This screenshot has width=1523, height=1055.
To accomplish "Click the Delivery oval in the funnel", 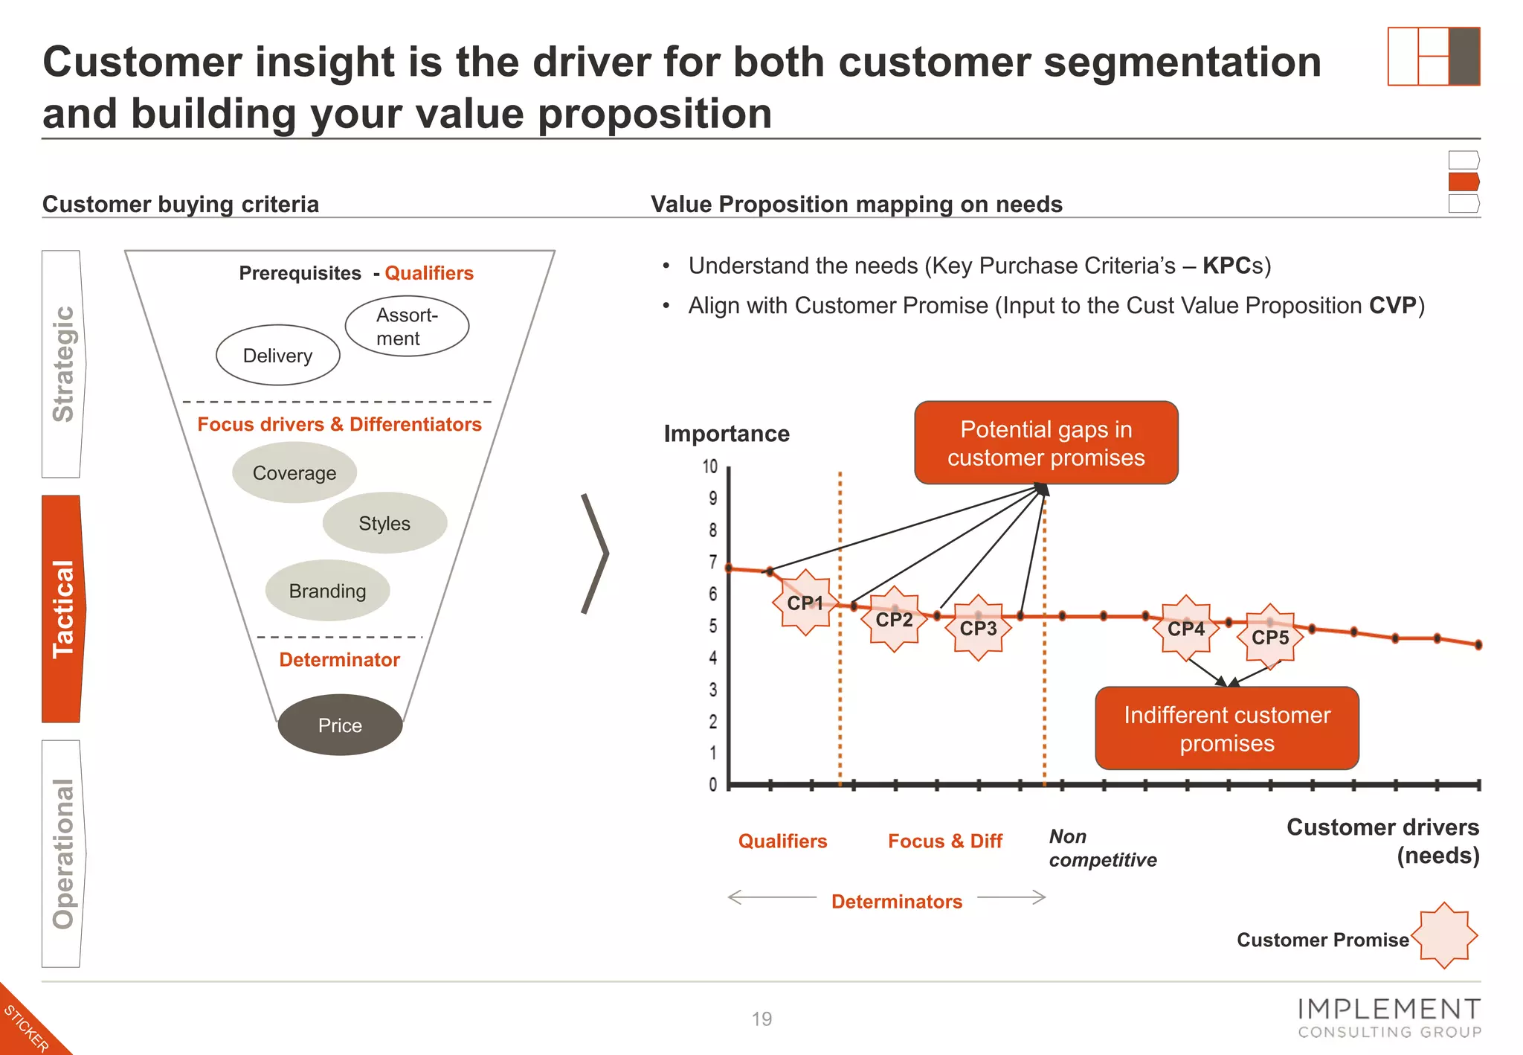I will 277,355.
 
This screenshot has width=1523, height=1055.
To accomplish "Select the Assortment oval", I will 407,326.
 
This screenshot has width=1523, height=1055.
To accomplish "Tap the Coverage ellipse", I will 294,472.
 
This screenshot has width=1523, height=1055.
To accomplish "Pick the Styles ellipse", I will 384,523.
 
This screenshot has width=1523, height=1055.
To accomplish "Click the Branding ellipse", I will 327,591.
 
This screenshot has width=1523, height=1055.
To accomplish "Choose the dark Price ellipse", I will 340,725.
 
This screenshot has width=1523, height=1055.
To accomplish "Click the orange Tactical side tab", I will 62,609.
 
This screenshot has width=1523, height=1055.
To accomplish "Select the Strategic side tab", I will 62,364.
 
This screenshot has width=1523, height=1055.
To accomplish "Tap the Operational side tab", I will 62,853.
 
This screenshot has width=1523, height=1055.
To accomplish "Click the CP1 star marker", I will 805,603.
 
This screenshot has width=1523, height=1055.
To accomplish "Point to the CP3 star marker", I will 978,628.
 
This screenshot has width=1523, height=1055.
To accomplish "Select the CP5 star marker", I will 1269,637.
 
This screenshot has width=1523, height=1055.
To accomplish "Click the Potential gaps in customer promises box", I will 1046,443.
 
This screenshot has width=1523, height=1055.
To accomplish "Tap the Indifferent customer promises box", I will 1226,728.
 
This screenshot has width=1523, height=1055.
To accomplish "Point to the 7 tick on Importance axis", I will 712,562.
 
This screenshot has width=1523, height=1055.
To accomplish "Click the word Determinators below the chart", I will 896,901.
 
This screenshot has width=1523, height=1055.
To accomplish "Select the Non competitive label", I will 1102,848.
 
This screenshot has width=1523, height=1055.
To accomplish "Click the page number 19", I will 761,1019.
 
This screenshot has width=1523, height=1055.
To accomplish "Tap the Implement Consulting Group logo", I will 1388,1018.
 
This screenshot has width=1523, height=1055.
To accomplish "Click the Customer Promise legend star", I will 1443,935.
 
